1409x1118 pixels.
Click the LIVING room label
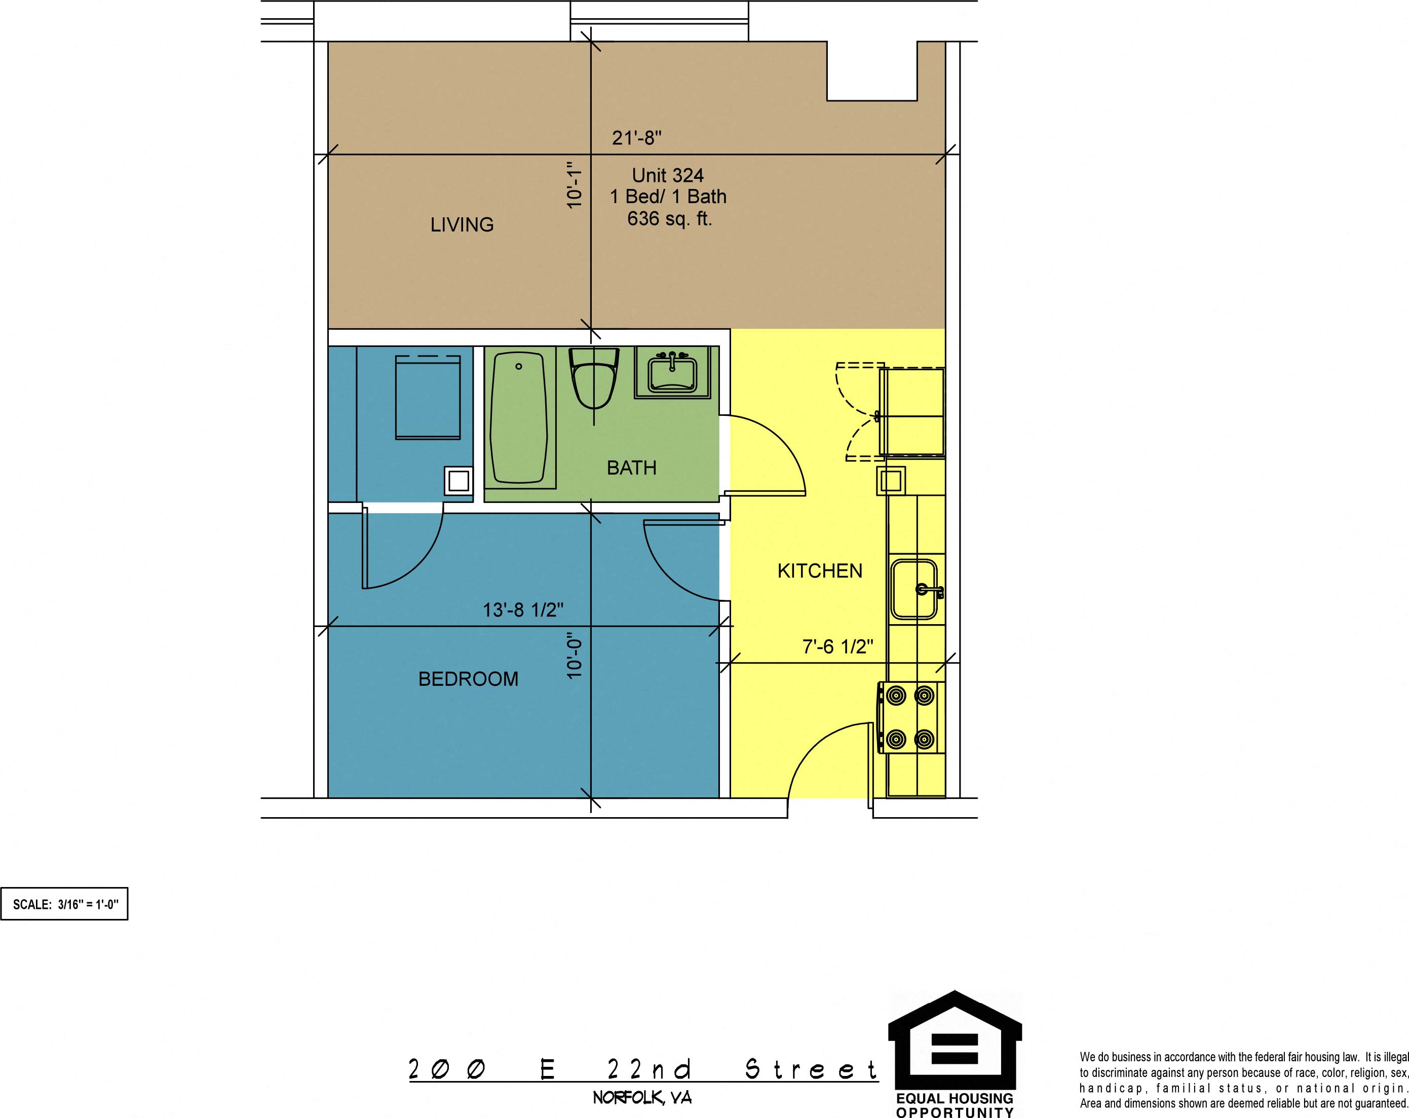462,225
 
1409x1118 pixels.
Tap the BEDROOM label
468,679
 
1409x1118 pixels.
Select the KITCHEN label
820,571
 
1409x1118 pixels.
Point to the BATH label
631,468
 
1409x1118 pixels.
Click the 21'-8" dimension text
636,138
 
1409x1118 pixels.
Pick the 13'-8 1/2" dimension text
523,609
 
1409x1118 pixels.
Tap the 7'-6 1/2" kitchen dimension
838,646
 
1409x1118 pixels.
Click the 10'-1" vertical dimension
574,185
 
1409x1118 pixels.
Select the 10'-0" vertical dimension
574,656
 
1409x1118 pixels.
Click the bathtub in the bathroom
519,417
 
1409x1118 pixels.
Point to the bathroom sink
672,373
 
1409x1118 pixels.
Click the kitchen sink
916,589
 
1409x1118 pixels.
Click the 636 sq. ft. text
669,218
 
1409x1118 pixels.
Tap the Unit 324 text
667,175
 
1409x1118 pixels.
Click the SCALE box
64,904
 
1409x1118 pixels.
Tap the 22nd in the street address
649,1070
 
